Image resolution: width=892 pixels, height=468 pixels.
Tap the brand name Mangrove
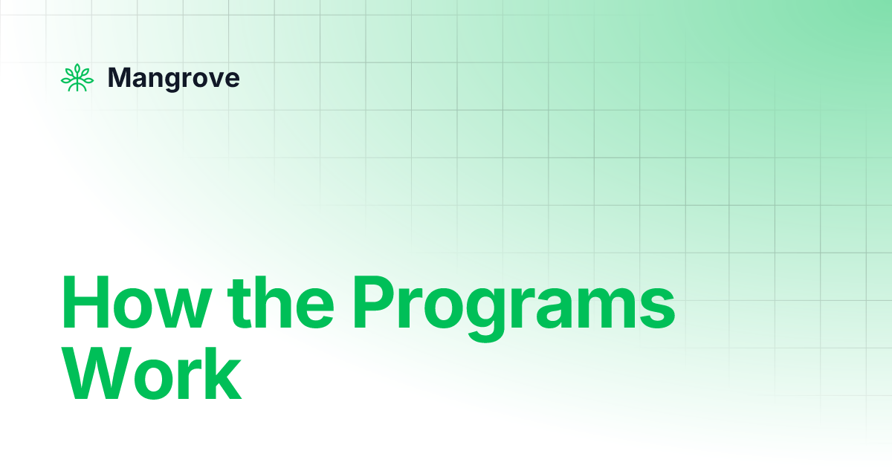tap(174, 78)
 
